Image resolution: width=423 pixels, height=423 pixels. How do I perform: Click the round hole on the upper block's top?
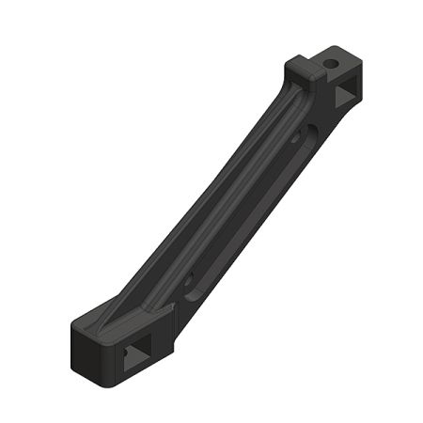pyautogui.click(x=331, y=64)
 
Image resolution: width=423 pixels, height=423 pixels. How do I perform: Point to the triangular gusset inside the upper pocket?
pyautogui.click(x=343, y=96)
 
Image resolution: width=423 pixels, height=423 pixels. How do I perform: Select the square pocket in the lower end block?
pyautogui.click(x=137, y=354)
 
